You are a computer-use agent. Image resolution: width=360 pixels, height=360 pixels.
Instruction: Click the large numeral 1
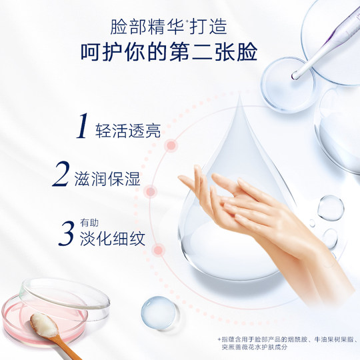(84, 127)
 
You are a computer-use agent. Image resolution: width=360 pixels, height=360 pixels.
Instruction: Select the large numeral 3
(66, 233)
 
